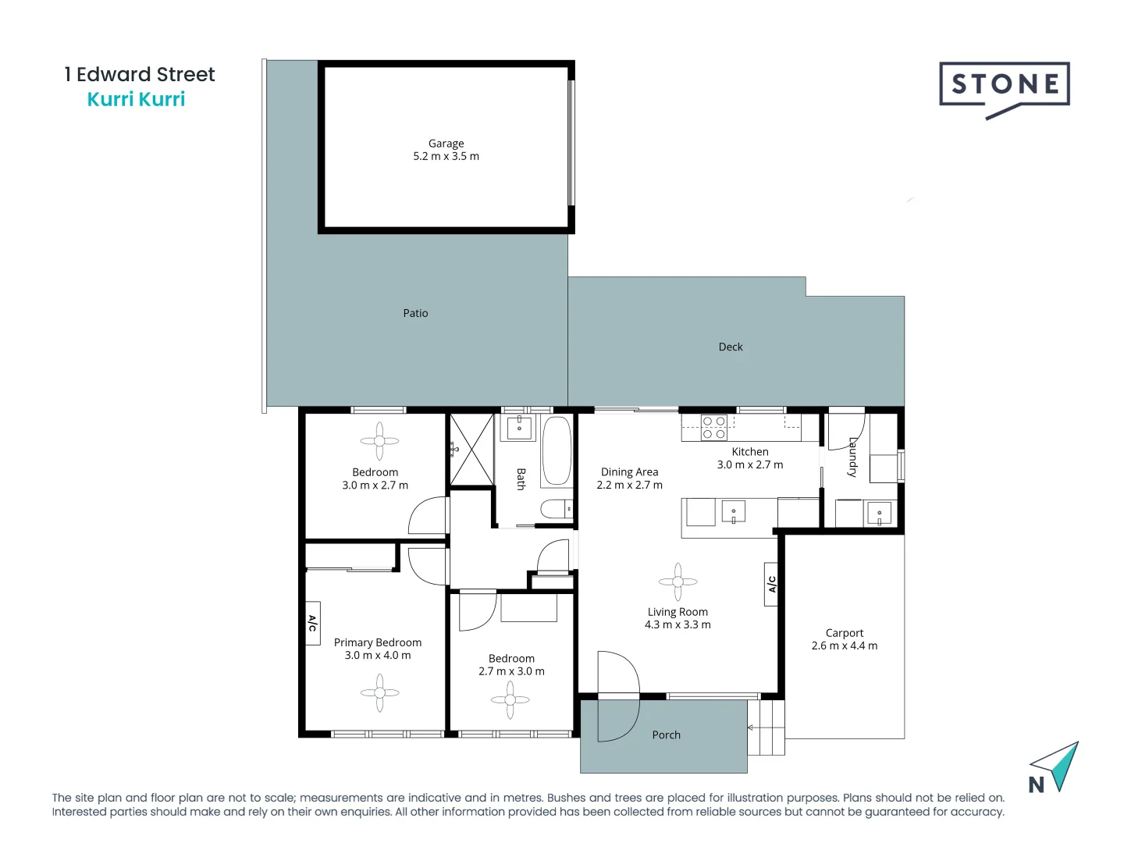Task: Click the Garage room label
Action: (x=446, y=144)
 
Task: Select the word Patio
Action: (x=415, y=313)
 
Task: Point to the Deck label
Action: (x=731, y=347)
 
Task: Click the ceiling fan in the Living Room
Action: (x=678, y=582)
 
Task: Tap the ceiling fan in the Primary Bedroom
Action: (x=379, y=692)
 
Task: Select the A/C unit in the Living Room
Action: (x=771, y=584)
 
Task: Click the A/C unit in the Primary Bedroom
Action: (x=312, y=623)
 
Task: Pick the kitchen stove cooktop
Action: (x=714, y=428)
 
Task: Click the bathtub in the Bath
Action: (x=557, y=452)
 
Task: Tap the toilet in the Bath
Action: (x=557, y=510)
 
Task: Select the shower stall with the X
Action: (x=471, y=450)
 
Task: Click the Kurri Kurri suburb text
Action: (x=136, y=99)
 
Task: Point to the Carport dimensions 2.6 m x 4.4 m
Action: (x=845, y=646)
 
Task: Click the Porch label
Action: (x=666, y=735)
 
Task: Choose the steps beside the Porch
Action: (x=766, y=727)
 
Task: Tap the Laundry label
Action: (x=853, y=457)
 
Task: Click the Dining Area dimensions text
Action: (x=629, y=485)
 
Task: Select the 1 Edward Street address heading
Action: (x=140, y=74)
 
